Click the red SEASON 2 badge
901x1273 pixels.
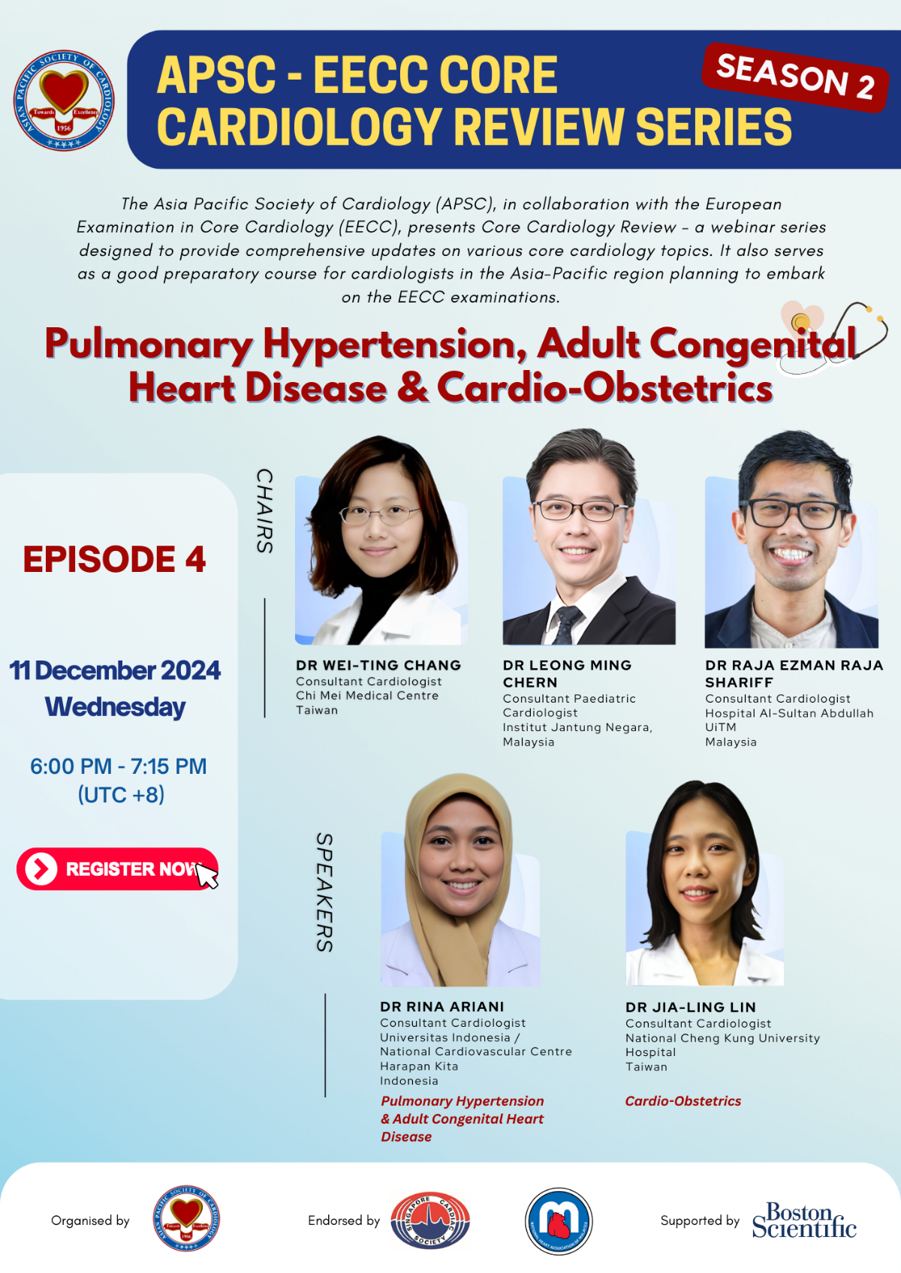pos(795,77)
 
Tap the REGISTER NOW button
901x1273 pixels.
pos(118,868)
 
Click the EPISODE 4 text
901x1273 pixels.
pos(114,559)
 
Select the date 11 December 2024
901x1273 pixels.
pos(115,670)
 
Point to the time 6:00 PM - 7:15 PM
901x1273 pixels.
pos(118,766)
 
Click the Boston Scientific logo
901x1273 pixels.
pos(804,1220)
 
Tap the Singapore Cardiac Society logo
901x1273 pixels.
pos(430,1220)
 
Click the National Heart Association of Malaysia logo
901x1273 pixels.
pos(558,1220)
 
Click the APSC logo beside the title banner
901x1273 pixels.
pos(64,100)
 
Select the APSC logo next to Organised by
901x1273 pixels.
pos(186,1218)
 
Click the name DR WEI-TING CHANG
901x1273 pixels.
pos(378,665)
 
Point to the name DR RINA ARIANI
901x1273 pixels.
pos(442,1007)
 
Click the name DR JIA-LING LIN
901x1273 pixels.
pos(691,1007)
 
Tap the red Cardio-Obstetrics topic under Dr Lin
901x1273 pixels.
pos(683,1101)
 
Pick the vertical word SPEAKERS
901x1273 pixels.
pos(324,892)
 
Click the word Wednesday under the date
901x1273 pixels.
pos(116,707)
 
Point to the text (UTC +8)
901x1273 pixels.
pos(121,794)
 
